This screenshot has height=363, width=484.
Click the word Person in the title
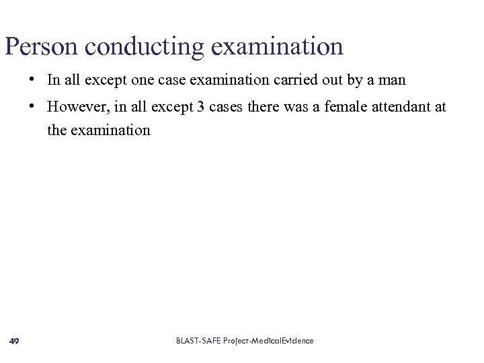(x=42, y=47)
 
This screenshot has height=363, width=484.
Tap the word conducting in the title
(x=145, y=47)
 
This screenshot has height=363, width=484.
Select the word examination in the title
(x=277, y=47)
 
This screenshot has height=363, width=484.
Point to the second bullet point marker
(x=32, y=106)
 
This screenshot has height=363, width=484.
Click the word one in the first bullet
(x=143, y=81)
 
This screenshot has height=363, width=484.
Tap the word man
(x=392, y=81)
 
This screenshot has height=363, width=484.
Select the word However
(x=73, y=107)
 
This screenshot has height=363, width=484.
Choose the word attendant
(x=403, y=107)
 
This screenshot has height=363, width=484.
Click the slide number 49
(x=14, y=341)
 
